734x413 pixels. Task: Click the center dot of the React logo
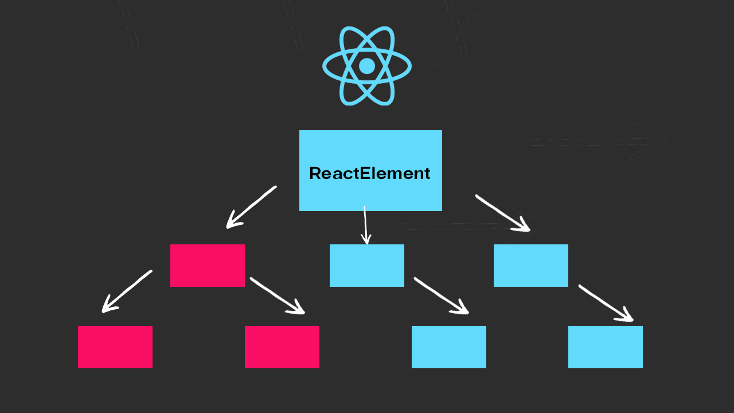[x=367, y=66]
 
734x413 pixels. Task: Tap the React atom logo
[x=367, y=66]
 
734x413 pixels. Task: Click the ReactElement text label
[x=370, y=173]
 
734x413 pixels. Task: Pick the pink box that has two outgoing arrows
[x=208, y=266]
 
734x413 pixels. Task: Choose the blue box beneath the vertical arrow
[x=367, y=266]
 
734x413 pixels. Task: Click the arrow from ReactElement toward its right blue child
[x=502, y=213]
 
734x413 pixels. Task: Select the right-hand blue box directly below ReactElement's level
[x=531, y=266]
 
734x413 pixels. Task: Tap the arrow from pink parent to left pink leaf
[x=127, y=291]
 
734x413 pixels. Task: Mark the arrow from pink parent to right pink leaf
[x=277, y=296]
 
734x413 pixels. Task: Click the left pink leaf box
[x=115, y=347]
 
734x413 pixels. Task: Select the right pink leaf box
[x=282, y=347]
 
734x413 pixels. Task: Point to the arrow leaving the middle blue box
[x=441, y=296]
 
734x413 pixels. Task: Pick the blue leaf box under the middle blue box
[x=449, y=347]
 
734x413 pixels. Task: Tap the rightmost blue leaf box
[x=606, y=347]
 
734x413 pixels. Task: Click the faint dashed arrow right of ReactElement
[x=596, y=141]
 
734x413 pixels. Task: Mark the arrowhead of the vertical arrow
[x=367, y=239]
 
